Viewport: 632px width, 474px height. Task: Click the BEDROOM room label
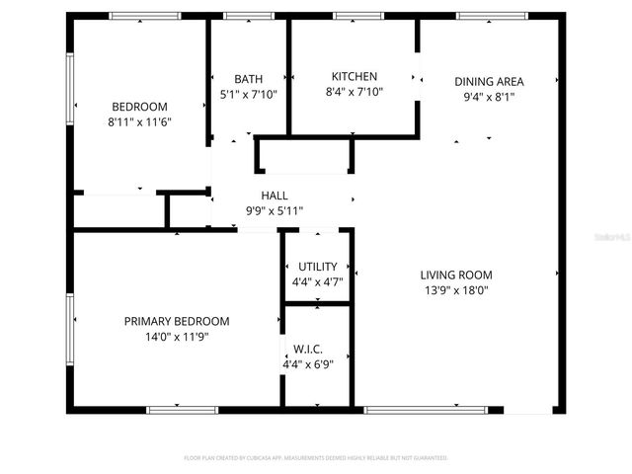coord(139,107)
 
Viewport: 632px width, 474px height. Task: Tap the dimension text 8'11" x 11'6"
coord(139,121)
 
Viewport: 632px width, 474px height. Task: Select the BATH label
coord(248,79)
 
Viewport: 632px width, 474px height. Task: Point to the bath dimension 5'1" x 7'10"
coord(248,95)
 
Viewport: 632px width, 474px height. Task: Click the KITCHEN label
coord(354,76)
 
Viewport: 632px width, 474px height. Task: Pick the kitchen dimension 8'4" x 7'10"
coord(354,92)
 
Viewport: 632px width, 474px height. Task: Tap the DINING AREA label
coord(489,81)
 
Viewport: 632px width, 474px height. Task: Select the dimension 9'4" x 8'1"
coord(489,97)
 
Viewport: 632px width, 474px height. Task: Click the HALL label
coord(275,196)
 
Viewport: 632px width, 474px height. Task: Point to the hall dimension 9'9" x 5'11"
coord(275,210)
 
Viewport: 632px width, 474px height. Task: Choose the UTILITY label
coord(317,267)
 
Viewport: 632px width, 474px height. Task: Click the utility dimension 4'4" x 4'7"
coord(317,281)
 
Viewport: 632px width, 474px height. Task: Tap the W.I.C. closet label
coord(307,349)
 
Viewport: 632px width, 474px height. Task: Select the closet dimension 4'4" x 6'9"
coord(307,363)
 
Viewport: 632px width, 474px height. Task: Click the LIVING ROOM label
coord(455,275)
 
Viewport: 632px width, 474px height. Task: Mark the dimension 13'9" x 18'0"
coord(455,290)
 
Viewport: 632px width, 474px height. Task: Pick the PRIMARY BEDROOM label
coord(177,321)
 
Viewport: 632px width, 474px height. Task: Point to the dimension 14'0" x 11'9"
coord(177,337)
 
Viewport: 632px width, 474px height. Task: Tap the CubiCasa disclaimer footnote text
coord(316,458)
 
